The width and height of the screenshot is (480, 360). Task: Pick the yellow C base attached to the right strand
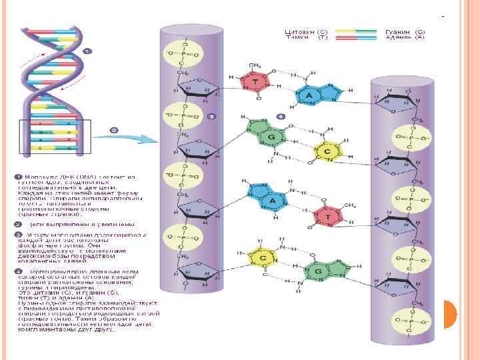[327, 152]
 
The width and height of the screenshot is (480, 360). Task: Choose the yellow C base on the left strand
[255, 258]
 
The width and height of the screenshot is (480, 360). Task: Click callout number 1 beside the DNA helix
[87, 51]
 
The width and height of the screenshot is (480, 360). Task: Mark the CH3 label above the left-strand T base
[256, 65]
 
